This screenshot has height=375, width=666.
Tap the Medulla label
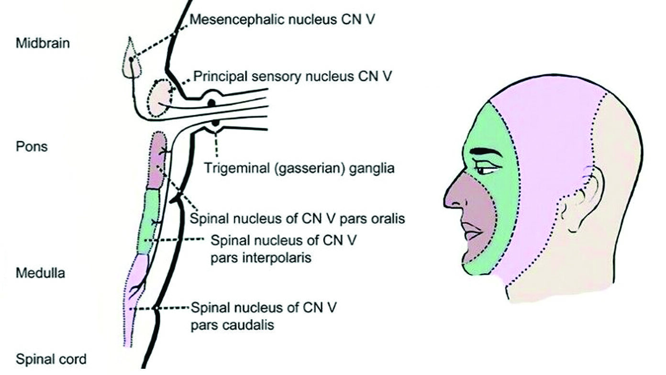40,274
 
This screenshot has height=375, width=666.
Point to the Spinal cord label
51,359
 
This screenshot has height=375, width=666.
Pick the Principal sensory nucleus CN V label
293,77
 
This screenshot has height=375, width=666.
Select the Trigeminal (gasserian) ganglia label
300,168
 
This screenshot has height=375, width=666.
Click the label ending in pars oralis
298,219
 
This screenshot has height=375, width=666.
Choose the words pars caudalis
233,325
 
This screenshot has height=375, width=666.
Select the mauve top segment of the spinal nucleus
157,160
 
